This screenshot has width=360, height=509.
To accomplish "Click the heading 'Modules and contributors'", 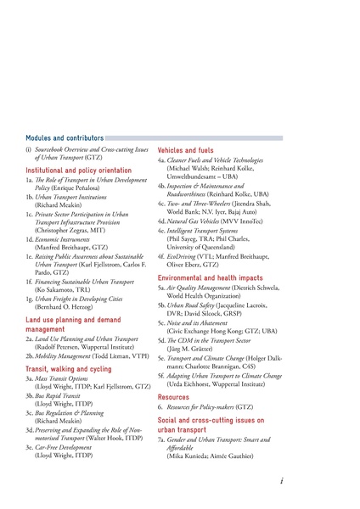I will pos(65,137).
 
